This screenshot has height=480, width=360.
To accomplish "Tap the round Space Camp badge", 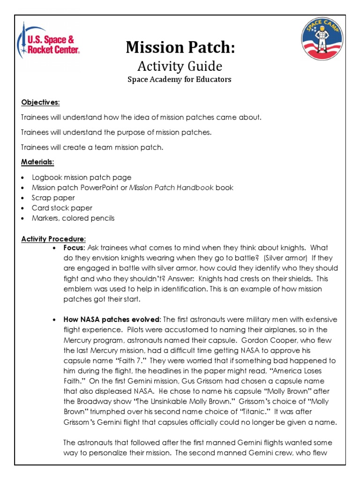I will coord(322,42).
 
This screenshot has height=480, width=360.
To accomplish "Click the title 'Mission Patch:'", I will coord(180,47).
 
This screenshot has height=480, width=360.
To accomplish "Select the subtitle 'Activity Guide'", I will coord(180,66).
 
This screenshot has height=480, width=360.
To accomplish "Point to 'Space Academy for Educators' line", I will coord(180,79).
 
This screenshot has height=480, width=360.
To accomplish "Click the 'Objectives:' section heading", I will coord(40,102).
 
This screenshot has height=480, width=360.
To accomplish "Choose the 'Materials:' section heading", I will coord(37,162).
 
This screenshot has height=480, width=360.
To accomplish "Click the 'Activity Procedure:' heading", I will coord(53,239).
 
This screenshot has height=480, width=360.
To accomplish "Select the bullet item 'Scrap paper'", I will coord(53,198).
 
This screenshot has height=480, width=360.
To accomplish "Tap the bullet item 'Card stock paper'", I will coord(62,208).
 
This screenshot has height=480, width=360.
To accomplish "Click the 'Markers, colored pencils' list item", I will coord(73,218).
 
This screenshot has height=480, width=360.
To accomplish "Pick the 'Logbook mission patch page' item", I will coord(82,177).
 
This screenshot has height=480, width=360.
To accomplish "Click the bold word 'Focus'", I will coord(74,247).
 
